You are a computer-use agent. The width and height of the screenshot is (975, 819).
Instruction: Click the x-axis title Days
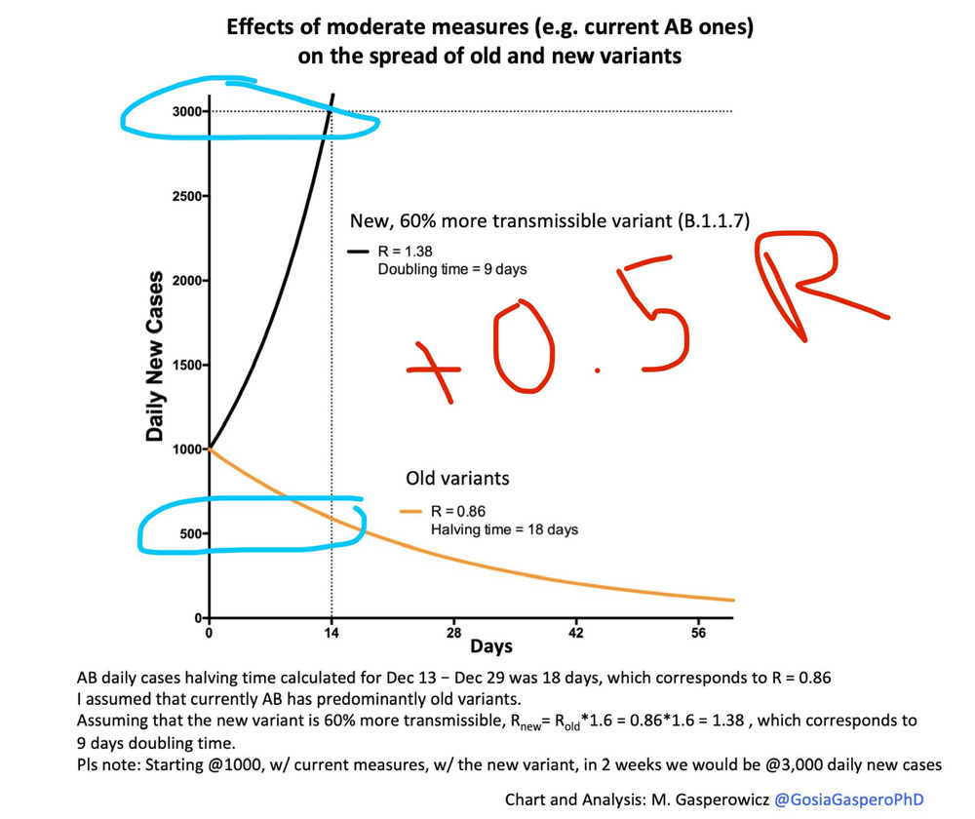[x=491, y=646]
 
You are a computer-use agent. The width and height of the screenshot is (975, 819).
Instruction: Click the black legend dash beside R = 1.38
[x=358, y=251]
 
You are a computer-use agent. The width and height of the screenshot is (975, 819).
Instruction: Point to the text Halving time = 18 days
[x=505, y=529]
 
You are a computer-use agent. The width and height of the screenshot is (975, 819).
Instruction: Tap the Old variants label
[x=457, y=479]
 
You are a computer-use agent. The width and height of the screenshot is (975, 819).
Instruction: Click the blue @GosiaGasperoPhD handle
[x=847, y=799]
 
